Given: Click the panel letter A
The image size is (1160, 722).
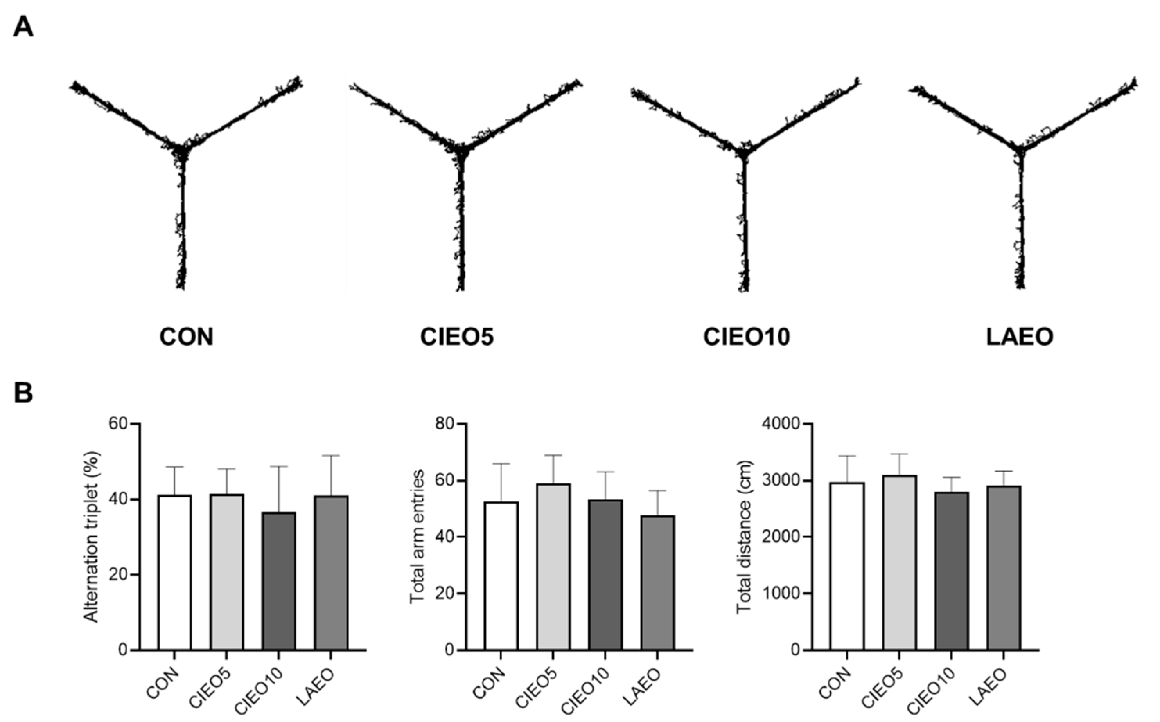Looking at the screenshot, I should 23,26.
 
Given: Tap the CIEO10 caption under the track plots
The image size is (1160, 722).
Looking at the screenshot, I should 746,337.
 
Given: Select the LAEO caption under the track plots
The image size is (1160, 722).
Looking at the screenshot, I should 1020,337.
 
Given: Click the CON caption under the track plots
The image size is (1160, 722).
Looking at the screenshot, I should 186,337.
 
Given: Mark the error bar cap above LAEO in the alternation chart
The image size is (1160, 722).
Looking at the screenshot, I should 331,456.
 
